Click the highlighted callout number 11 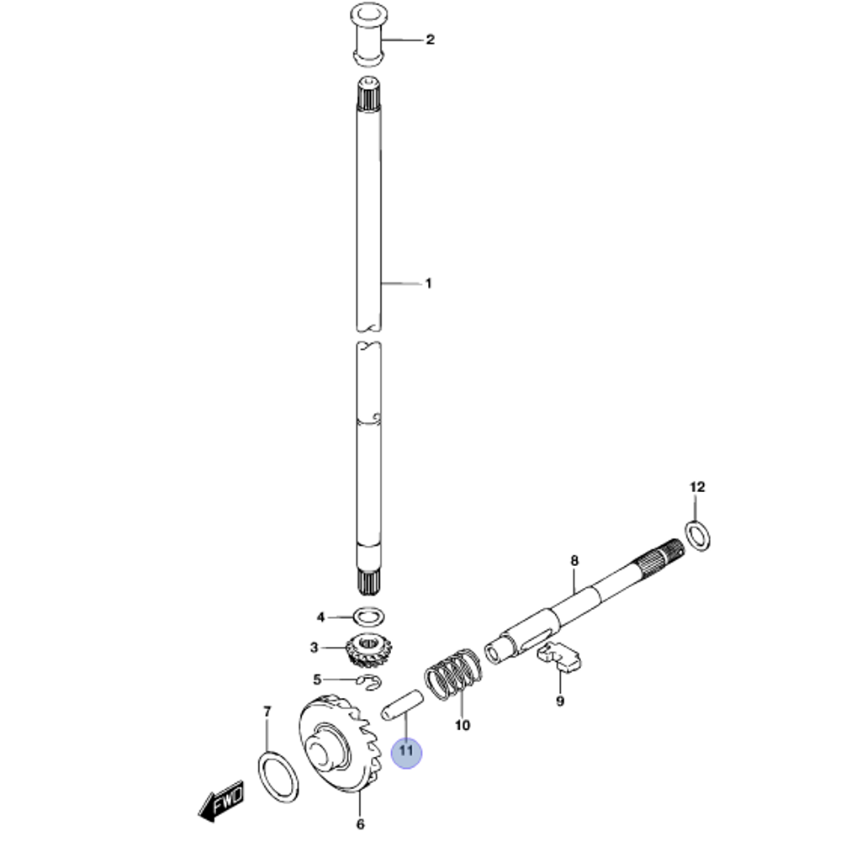point(407,750)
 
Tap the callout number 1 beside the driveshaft point(428,283)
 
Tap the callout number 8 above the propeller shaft point(574,560)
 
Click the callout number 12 point(697,487)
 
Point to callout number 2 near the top point(429,39)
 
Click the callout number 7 point(267,712)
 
